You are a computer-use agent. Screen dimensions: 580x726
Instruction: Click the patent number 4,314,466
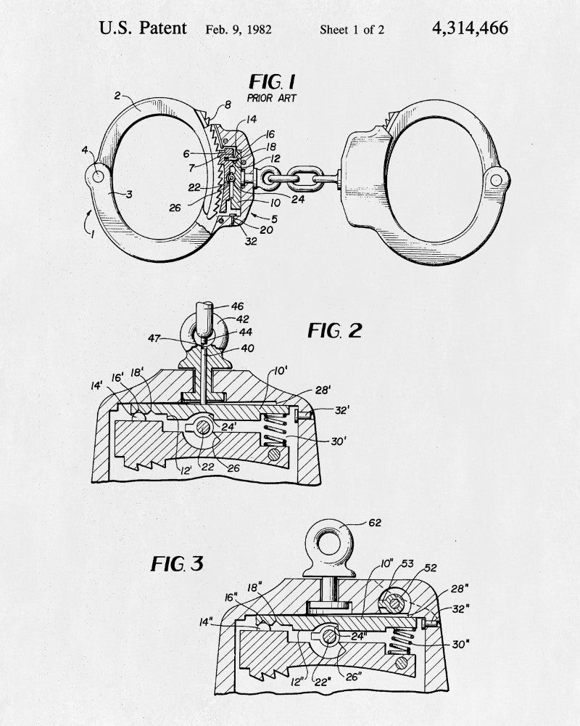click(470, 29)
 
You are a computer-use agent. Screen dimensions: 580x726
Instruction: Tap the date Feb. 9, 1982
click(239, 30)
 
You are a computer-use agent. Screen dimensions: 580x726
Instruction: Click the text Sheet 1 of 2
click(352, 30)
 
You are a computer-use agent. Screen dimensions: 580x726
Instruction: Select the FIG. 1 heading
click(272, 82)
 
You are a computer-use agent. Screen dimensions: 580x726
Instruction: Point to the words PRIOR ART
click(271, 98)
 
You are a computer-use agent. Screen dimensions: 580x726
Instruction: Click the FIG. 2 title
click(335, 330)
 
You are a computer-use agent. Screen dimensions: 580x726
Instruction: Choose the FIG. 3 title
click(177, 563)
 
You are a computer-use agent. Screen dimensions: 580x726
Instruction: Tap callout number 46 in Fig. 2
click(237, 306)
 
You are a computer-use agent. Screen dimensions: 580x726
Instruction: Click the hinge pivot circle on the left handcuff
click(98, 176)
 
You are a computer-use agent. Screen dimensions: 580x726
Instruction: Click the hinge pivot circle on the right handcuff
click(497, 179)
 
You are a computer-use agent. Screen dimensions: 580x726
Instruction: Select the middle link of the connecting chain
click(302, 179)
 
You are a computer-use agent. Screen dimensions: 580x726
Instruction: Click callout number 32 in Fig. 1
click(251, 241)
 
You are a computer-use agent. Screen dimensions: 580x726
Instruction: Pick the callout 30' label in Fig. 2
click(339, 441)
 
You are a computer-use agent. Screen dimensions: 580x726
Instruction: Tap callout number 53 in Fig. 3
click(407, 563)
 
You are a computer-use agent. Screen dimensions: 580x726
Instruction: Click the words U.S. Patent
click(142, 28)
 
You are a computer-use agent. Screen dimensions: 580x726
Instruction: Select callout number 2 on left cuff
click(117, 95)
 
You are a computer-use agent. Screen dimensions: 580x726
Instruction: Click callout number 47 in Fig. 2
click(154, 338)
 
